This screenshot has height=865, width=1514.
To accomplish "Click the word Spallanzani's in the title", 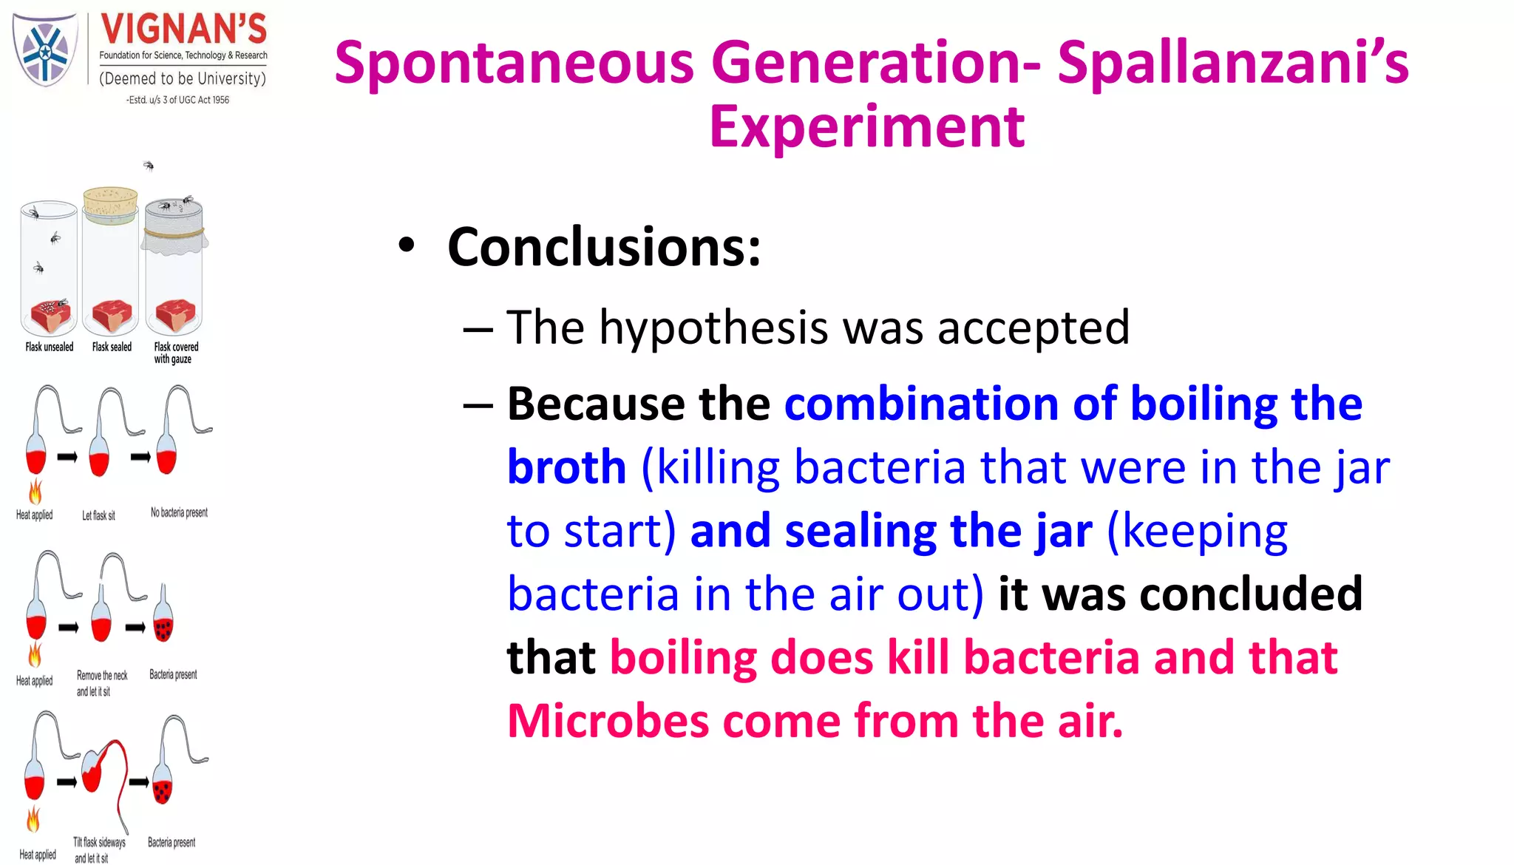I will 1232,63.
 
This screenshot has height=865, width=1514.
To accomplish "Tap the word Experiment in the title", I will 866,127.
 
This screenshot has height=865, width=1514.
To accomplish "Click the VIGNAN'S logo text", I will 183,30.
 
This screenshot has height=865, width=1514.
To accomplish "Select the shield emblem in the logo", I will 45,50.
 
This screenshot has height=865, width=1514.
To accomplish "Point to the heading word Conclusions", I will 603,247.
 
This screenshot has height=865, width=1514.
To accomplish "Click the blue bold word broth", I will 566,467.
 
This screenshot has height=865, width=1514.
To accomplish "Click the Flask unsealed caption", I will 50,347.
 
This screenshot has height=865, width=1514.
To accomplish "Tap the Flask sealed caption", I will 112,347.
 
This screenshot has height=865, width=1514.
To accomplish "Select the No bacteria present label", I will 179,512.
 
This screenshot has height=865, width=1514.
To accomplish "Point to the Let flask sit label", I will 98,515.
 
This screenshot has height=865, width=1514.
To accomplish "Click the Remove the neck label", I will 102,676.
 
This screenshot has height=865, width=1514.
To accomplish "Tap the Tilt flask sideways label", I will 99,842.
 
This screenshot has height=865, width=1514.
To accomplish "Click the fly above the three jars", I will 149,166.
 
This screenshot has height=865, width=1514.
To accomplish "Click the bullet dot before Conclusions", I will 406,246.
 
